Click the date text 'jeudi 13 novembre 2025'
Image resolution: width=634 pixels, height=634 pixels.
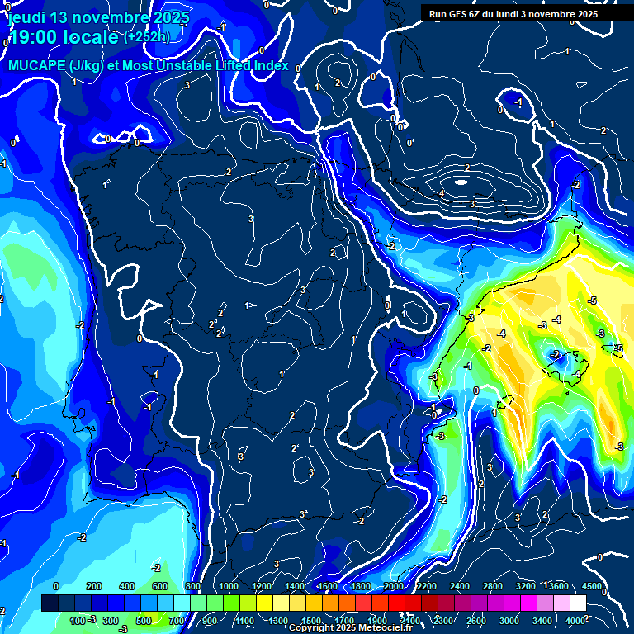97,17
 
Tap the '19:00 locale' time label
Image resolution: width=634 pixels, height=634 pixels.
63,38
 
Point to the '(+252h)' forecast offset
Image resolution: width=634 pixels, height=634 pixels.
148,37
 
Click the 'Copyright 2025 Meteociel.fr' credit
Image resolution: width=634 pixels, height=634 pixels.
350,628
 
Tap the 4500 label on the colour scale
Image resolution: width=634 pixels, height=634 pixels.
591,586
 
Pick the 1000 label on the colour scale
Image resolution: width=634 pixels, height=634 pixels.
229,586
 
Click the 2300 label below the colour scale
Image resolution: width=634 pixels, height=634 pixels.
442,620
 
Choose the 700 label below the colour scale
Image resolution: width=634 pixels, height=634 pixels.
176,620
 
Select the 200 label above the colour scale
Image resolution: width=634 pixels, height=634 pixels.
94,586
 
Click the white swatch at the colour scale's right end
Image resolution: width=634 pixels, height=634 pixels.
578,603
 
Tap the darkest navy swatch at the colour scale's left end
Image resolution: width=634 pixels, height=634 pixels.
50,603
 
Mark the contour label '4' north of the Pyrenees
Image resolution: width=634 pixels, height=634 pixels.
442,194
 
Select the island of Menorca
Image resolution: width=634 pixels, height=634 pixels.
615,348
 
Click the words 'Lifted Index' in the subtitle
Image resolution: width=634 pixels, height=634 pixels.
248,65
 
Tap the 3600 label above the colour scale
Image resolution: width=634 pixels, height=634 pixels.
558,586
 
